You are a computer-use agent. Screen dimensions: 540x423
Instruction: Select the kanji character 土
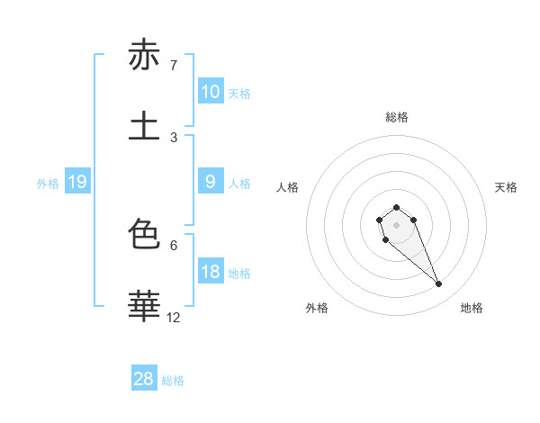(x=144, y=126)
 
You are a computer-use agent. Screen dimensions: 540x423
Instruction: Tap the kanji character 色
(x=144, y=235)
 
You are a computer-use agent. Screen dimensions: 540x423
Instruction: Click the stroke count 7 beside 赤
(x=173, y=66)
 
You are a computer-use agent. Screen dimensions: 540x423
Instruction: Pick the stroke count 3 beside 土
(x=173, y=137)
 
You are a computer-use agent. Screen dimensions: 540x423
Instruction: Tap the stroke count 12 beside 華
(x=173, y=317)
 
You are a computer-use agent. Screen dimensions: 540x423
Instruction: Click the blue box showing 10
(x=210, y=92)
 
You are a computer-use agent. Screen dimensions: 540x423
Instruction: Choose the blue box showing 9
(x=210, y=182)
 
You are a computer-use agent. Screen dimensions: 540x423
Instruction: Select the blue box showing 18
(x=210, y=272)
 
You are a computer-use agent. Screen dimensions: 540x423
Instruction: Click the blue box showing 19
(x=76, y=183)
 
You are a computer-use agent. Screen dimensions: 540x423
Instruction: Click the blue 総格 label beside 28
(x=173, y=381)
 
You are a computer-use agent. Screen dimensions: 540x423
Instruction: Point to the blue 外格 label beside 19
(x=48, y=184)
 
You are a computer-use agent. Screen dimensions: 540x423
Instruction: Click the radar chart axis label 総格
(x=396, y=117)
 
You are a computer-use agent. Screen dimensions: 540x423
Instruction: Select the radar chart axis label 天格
(x=506, y=187)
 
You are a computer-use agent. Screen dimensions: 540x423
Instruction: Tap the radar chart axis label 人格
(x=287, y=187)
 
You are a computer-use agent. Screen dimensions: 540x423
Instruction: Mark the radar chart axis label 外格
(x=317, y=308)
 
